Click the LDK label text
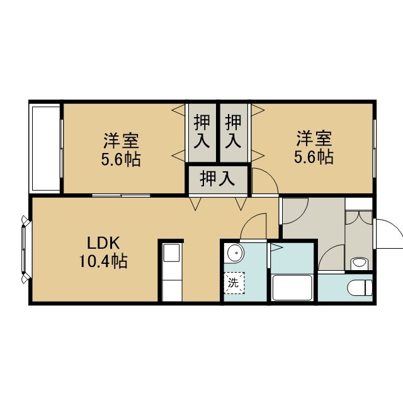pos(103,243)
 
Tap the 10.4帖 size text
pos(103,261)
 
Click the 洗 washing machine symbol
pos(234,283)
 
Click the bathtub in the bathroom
pos(292,287)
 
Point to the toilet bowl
pos(360,288)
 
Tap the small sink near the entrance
pos(359,263)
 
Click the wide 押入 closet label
pos(217,178)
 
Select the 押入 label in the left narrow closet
pos(201,132)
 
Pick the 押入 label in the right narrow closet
pos(233,132)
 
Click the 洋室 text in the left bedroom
pos(121,140)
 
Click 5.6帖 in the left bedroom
pos(121,159)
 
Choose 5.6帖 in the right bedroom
pos(314,157)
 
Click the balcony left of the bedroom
pos(45,148)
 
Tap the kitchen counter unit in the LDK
pos(172,272)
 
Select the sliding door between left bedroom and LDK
pos(121,196)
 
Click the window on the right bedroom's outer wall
pos(374,149)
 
